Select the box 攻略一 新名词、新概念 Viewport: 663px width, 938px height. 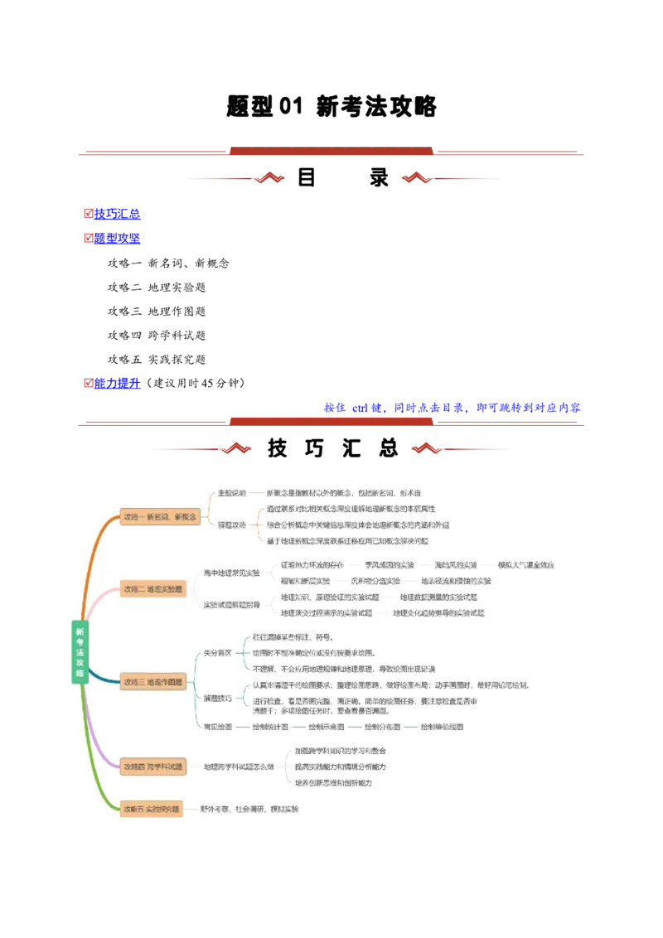coord(160,516)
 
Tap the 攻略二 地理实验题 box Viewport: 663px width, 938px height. coord(153,589)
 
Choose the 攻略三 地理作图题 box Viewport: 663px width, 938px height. coord(153,682)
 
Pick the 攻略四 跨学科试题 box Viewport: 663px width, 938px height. coord(153,766)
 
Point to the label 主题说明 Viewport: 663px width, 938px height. coord(231,493)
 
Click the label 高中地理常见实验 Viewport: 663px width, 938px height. coord(232,573)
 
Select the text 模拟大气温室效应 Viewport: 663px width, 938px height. coord(525,565)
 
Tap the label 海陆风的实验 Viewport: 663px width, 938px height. coord(455,565)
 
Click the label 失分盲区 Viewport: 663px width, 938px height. coord(218,653)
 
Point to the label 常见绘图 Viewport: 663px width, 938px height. coord(218,727)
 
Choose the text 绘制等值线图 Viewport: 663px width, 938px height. coord(441,727)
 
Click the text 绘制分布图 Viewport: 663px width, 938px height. coord(382,727)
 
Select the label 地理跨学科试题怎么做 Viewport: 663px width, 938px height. coord(239,766)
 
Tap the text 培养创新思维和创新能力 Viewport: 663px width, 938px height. coord(333,782)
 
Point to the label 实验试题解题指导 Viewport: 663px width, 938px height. coord(232,605)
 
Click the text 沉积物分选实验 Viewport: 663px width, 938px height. coord(375,581)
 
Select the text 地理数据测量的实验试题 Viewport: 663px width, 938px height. coord(438,597)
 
